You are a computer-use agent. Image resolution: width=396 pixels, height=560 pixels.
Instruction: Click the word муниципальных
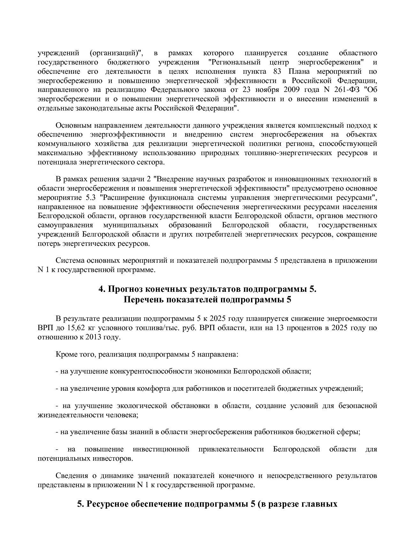(131, 225)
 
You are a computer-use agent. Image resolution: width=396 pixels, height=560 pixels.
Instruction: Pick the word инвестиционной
(161, 449)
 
